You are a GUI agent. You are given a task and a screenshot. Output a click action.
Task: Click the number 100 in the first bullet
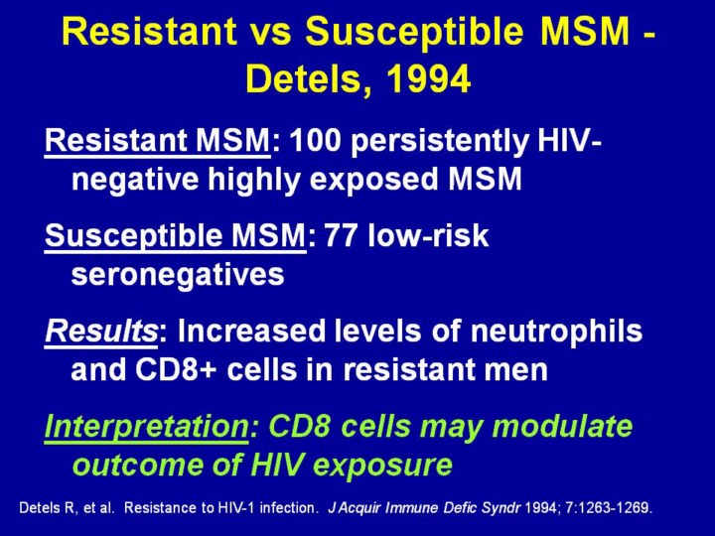[315, 140]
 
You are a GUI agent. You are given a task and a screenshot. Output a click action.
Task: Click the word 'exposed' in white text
[373, 179]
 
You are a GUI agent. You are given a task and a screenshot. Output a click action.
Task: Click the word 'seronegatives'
[178, 274]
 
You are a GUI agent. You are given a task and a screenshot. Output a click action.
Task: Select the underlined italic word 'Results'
[101, 331]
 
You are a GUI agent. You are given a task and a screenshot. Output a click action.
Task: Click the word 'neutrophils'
[556, 332]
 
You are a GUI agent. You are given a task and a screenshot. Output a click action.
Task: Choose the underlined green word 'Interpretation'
[146, 426]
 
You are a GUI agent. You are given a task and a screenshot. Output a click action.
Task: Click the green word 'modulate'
[563, 426]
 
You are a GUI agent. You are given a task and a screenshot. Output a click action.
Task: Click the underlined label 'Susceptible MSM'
[175, 236]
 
